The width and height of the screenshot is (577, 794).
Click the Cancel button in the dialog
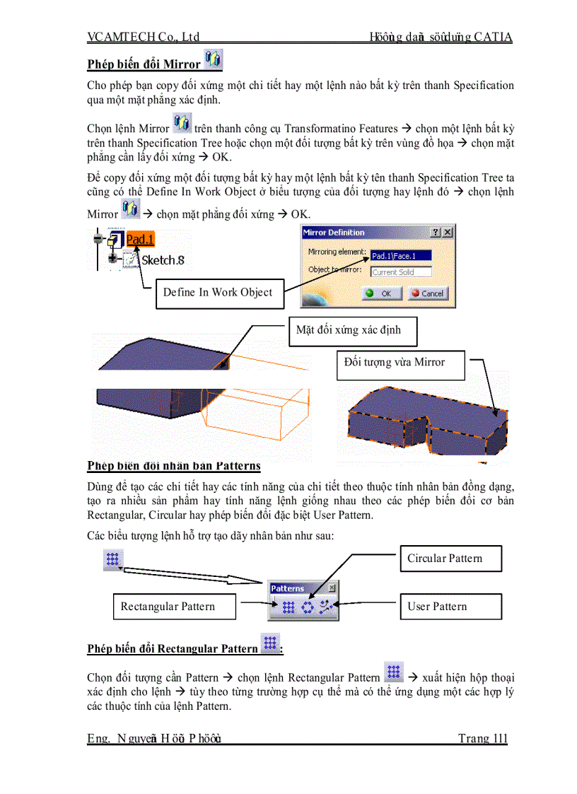coord(426,293)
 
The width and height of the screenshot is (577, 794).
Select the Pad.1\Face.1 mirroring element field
coord(400,256)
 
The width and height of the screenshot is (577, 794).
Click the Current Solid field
coord(401,272)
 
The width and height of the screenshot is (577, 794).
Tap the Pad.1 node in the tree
coord(140,240)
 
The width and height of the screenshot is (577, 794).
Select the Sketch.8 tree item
coord(162,260)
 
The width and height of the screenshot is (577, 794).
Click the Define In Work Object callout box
coord(218,293)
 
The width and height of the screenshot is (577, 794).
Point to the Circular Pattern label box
coord(450,559)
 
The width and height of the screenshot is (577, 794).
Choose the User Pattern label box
coord(450,607)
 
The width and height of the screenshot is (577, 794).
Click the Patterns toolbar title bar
coord(297,588)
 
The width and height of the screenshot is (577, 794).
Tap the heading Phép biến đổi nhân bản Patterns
coord(174,466)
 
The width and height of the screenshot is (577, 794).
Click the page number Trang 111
coord(482,739)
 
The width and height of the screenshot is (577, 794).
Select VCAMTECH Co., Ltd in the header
coord(144,37)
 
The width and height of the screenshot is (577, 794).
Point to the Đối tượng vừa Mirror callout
coord(400,363)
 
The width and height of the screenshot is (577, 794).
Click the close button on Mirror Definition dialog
coord(448,233)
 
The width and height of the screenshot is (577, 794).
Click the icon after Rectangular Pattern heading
coord(270,643)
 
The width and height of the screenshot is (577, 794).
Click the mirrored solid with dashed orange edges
coord(424,424)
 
